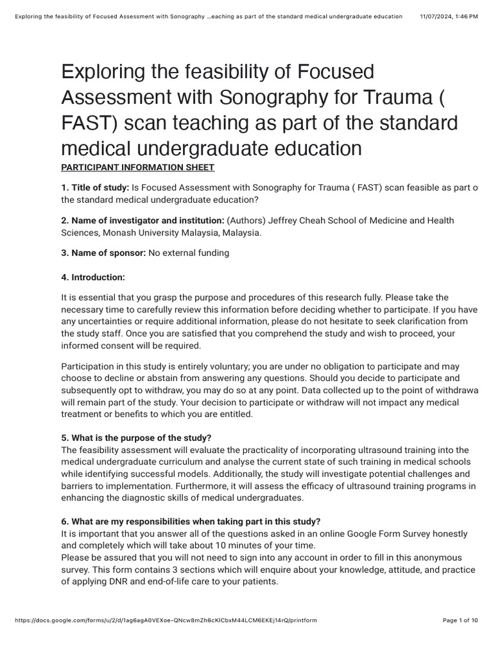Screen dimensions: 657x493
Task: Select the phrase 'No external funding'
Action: (x=189, y=253)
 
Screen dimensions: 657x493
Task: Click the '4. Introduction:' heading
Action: (x=93, y=277)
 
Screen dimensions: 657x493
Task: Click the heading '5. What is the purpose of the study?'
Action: (x=136, y=438)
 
